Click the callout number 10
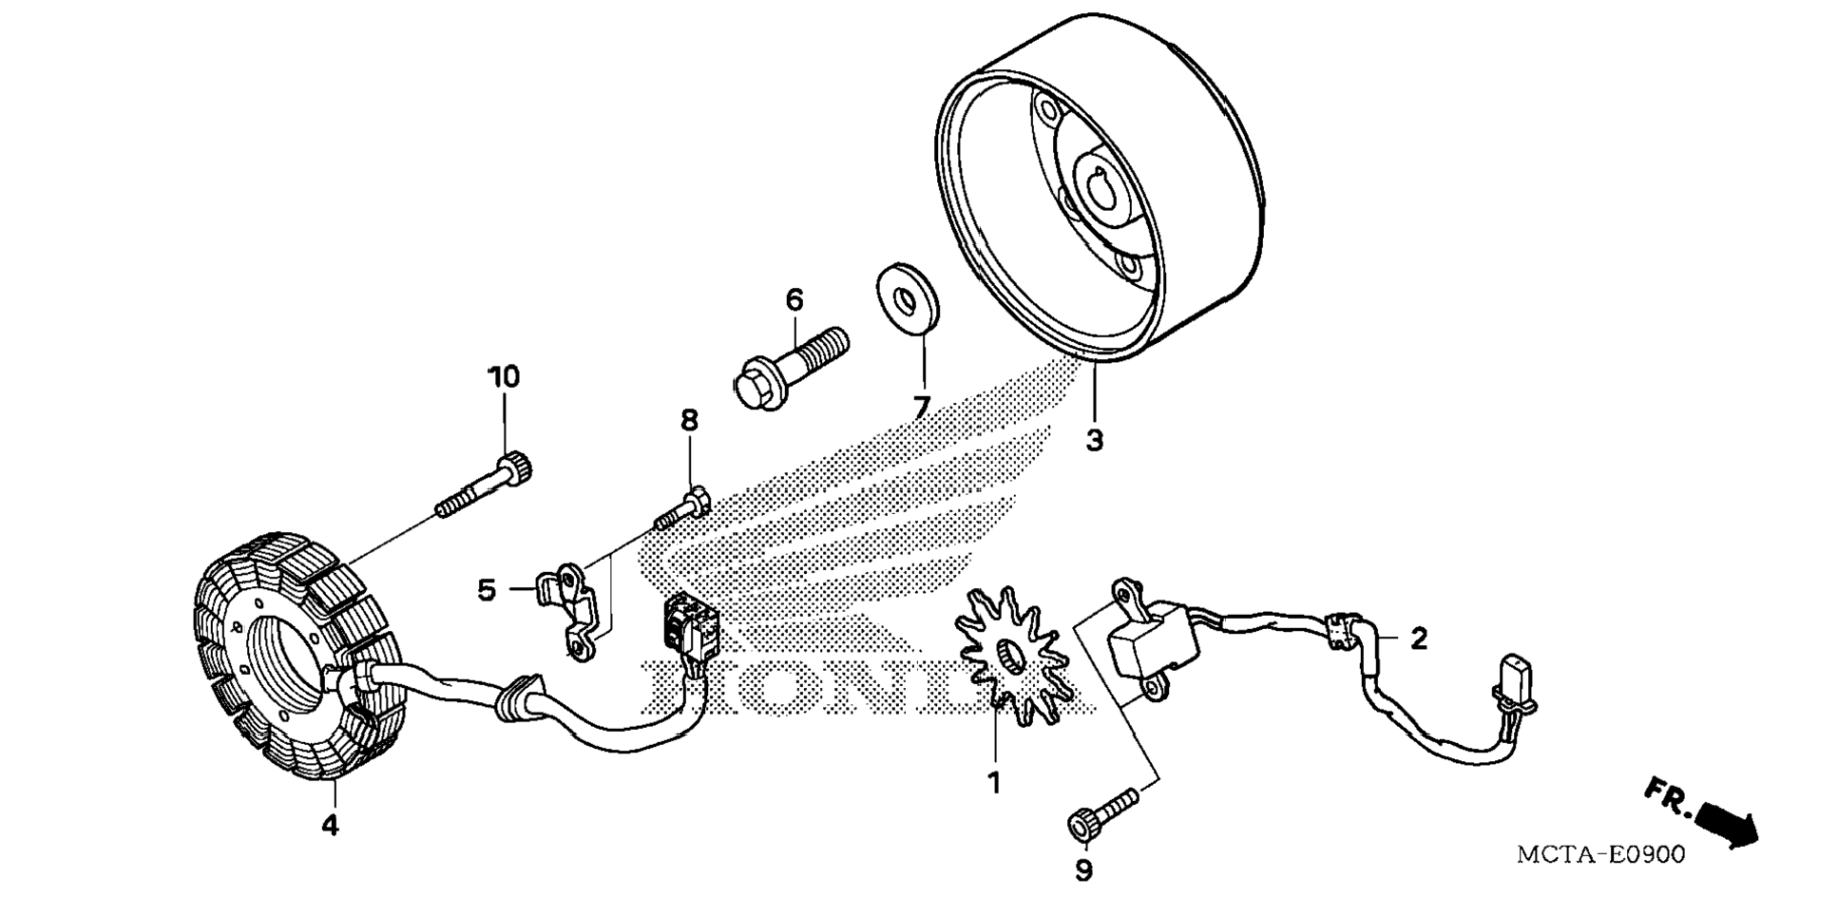click(505, 377)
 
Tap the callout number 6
click(795, 300)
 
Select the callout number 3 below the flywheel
click(1095, 441)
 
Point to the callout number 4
click(330, 825)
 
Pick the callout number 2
click(1419, 639)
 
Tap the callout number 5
click(487, 590)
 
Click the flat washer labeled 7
click(908, 300)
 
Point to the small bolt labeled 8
click(681, 507)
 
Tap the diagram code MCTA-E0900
click(1600, 854)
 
